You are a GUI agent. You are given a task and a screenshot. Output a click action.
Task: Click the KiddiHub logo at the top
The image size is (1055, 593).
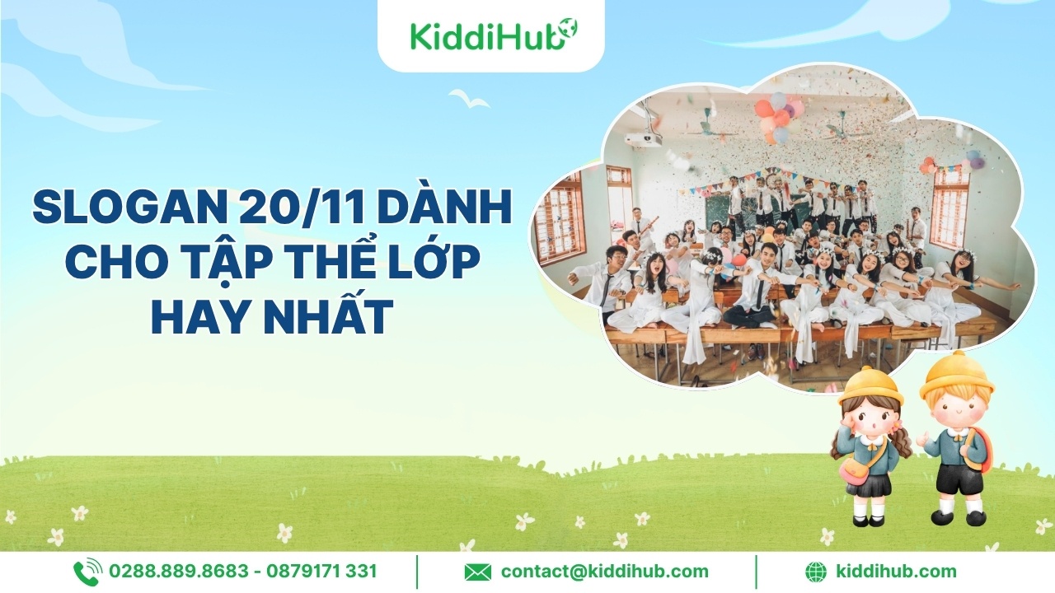click(x=494, y=34)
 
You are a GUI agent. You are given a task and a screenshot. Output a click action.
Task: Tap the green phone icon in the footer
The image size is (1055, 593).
click(x=87, y=572)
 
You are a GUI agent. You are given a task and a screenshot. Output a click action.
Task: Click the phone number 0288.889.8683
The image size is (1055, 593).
click(x=178, y=572)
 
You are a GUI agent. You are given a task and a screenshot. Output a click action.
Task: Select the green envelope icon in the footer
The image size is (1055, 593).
click(x=477, y=572)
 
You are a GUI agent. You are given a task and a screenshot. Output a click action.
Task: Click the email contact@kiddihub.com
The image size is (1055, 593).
click(x=605, y=572)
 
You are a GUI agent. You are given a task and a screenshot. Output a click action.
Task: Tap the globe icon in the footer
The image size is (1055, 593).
click(x=816, y=572)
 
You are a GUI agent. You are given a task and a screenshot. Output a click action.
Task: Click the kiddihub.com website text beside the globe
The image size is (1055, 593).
click(x=896, y=572)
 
